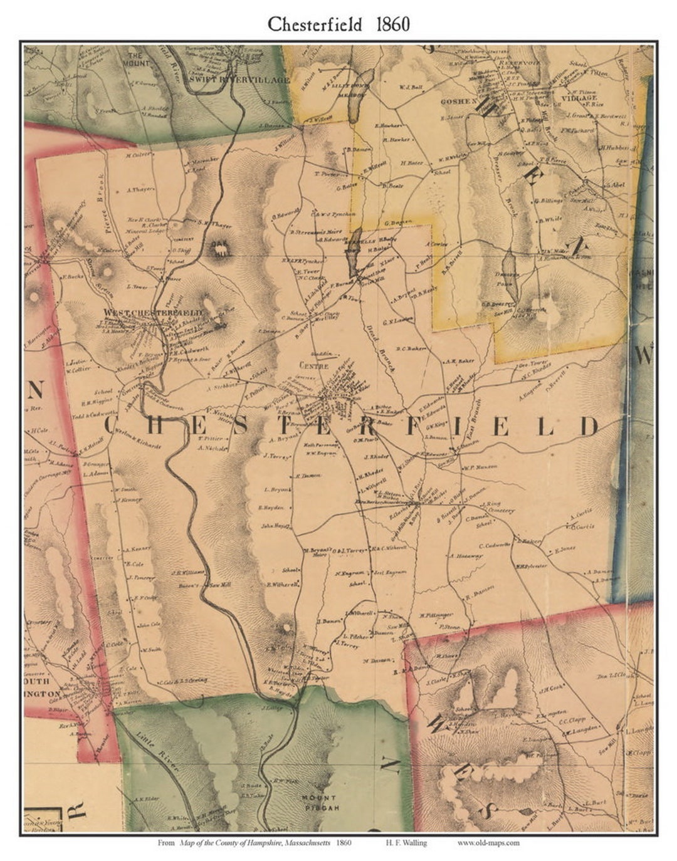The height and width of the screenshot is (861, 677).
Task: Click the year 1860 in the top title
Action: [393, 24]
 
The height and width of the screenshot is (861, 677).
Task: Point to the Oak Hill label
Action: [221, 249]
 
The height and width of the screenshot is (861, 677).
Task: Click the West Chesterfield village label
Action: [153, 312]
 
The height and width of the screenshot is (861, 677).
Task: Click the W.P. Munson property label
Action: [480, 467]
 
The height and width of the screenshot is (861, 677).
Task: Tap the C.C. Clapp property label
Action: [571, 721]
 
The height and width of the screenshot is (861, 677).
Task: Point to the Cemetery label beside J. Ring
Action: [500, 511]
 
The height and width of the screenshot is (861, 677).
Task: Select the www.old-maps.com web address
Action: [488, 843]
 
